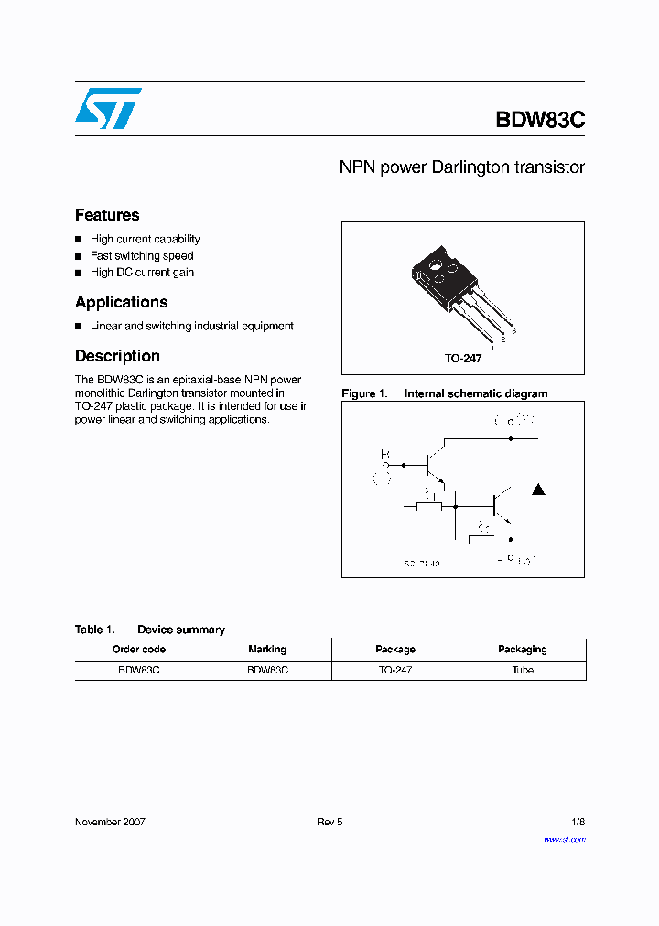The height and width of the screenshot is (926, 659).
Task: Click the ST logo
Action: (108, 108)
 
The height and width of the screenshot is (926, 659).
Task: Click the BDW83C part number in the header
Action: (539, 120)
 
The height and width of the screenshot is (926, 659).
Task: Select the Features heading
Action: (107, 215)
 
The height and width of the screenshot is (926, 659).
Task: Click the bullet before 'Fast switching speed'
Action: (79, 256)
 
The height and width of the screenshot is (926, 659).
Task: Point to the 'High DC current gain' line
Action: (142, 273)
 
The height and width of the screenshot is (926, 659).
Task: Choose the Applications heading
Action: (121, 302)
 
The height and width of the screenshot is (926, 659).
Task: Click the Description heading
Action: (117, 356)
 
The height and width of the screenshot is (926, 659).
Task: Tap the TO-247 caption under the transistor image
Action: (463, 359)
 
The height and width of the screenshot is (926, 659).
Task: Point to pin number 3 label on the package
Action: (514, 328)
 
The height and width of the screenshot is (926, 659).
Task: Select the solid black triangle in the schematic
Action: (538, 490)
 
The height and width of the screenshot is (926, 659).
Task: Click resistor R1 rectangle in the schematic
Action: (429, 505)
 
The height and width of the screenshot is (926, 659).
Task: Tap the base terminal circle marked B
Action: (386, 466)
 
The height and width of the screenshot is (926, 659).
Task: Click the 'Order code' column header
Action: (139, 650)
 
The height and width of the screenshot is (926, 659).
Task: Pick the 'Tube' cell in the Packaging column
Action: (523, 671)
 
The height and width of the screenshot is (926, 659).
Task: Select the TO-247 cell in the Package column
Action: (394, 671)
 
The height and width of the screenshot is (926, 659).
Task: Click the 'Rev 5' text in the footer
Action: (329, 822)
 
